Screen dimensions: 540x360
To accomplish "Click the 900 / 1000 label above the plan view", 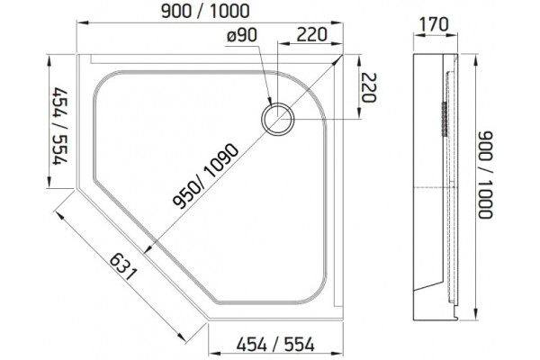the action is tap(205, 12).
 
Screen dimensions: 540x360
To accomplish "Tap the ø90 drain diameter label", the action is tap(242, 35).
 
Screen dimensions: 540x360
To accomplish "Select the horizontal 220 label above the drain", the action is tap(311, 35).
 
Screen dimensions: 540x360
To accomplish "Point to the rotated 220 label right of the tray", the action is tap(368, 88).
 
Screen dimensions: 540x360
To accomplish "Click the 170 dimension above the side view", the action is tap(434, 24).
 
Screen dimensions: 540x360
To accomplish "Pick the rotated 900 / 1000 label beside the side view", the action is tap(486, 175).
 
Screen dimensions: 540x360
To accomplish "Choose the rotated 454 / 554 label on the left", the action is tap(59, 126).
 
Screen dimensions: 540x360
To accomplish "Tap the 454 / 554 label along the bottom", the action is tap(275, 345).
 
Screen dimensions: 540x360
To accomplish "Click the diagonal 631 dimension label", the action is tap(123, 267).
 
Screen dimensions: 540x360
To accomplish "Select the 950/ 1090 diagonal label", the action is tap(206, 176).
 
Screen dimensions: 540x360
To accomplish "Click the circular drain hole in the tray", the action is tap(277, 119).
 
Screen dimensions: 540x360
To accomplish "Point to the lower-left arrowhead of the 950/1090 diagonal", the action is tap(148, 250).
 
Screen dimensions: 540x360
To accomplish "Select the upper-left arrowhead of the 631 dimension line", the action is tap(60, 216).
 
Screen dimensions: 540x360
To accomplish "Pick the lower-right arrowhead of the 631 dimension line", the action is tap(182, 337).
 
